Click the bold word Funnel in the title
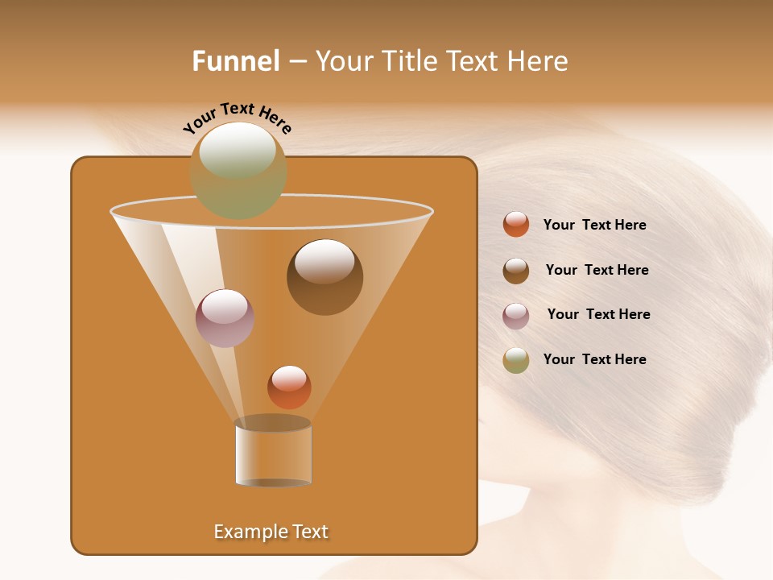[x=236, y=61]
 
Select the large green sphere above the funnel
[x=238, y=171]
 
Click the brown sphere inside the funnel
[x=325, y=278]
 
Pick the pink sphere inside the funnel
[x=225, y=318]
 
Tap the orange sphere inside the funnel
[x=289, y=387]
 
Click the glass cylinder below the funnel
[x=273, y=453]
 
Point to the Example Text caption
[x=271, y=532]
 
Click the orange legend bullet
[x=516, y=225]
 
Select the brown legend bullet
[x=516, y=271]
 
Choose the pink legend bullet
[x=516, y=316]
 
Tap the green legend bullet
[x=516, y=360]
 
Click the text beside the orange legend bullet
[x=594, y=226]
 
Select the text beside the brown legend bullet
[x=597, y=271]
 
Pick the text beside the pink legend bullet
[x=598, y=315]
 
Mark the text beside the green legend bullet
[x=594, y=359]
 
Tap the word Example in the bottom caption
[x=245, y=532]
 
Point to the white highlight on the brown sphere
[x=324, y=261]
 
